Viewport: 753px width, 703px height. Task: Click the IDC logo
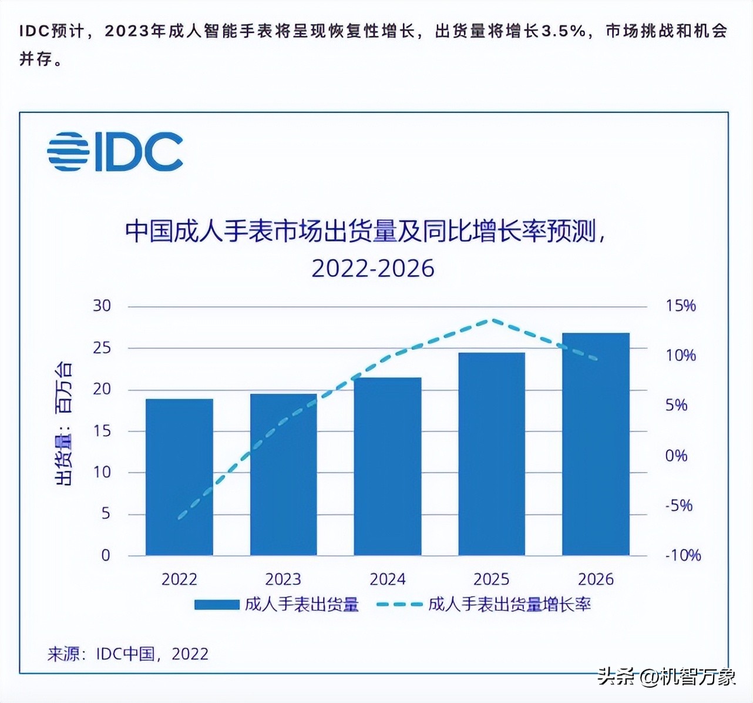click(x=115, y=152)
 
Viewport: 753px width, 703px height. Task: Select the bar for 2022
click(x=179, y=477)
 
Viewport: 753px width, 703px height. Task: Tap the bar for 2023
click(x=283, y=474)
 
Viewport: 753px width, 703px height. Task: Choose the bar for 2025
click(x=492, y=454)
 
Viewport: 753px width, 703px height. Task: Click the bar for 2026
click(x=596, y=444)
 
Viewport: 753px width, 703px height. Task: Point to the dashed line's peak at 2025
click(x=492, y=320)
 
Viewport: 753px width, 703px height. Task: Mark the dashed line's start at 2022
click(x=179, y=518)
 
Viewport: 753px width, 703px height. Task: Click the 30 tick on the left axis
click(x=102, y=306)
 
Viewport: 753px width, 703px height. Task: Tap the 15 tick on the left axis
click(x=102, y=431)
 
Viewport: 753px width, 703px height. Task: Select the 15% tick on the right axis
click(x=680, y=306)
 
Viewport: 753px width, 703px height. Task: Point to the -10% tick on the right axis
click(x=683, y=555)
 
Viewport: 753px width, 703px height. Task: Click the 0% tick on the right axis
click(x=676, y=456)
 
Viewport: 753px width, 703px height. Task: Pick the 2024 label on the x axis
click(x=388, y=580)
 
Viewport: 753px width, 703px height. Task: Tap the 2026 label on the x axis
click(x=596, y=580)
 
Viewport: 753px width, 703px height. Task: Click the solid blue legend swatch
click(x=217, y=604)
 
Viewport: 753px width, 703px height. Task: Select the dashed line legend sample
click(x=399, y=604)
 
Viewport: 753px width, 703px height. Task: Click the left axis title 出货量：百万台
click(x=64, y=423)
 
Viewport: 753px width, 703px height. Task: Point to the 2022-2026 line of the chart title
click(x=373, y=269)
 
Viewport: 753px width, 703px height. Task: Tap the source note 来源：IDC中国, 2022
click(x=128, y=654)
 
